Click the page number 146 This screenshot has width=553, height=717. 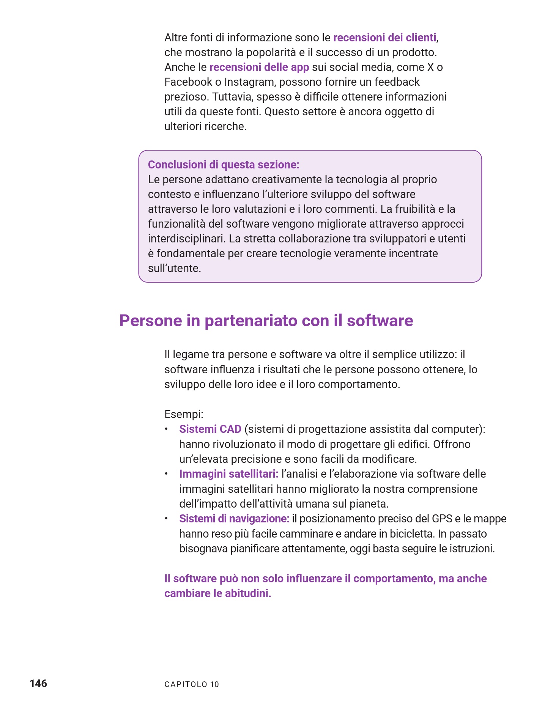pyautogui.click(x=38, y=683)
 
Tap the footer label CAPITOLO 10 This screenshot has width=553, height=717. pyautogui.click(x=192, y=684)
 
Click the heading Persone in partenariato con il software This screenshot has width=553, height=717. pyautogui.click(x=266, y=321)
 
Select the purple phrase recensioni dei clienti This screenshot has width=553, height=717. pyautogui.click(x=384, y=38)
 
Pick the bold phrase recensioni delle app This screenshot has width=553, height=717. pyautogui.click(x=259, y=67)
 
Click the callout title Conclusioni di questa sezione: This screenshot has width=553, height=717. pyautogui.click(x=224, y=165)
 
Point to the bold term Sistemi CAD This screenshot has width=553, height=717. pyautogui.click(x=210, y=429)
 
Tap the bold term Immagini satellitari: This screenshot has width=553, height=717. pyautogui.click(x=229, y=474)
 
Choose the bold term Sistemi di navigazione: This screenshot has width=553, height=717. pyautogui.click(x=234, y=519)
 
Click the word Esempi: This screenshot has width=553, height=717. pyautogui.click(x=184, y=414)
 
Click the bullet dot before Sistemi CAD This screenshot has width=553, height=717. pyautogui.click(x=166, y=429)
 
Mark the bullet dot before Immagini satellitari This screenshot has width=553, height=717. pyautogui.click(x=166, y=474)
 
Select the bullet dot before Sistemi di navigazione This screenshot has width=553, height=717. pyautogui.click(x=166, y=519)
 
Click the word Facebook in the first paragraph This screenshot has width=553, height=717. pyautogui.click(x=188, y=82)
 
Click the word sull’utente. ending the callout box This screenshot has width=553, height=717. pyautogui.click(x=174, y=268)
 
